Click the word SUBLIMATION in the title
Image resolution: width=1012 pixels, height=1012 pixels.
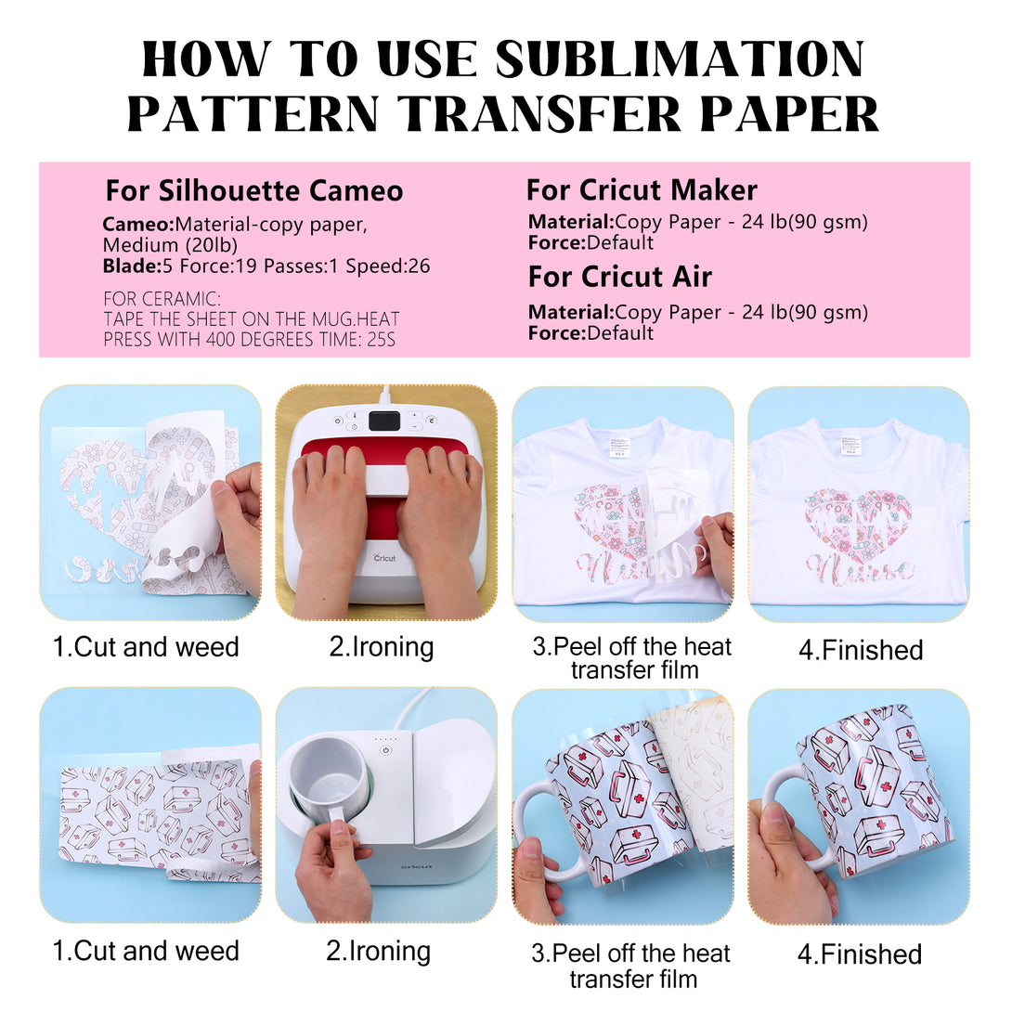pyautogui.click(x=680, y=58)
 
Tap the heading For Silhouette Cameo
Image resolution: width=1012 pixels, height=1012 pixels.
pyautogui.click(x=254, y=190)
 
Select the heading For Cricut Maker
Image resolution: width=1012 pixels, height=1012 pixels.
pyautogui.click(x=642, y=189)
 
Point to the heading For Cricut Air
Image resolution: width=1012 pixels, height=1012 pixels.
pyautogui.click(x=619, y=277)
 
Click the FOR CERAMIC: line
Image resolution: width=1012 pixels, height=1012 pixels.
pyautogui.click(x=162, y=299)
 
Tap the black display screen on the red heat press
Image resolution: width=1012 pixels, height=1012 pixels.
pyautogui.click(x=384, y=421)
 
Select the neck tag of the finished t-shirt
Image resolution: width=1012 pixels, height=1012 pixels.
pyautogui.click(x=850, y=446)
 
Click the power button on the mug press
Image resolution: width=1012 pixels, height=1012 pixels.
pyautogui.click(x=386, y=750)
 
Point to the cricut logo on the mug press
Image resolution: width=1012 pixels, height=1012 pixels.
pyautogui.click(x=417, y=866)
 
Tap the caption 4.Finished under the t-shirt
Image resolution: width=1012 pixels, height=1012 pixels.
pyautogui.click(x=861, y=650)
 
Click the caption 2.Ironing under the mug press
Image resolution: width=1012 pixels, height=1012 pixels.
pyautogui.click(x=378, y=952)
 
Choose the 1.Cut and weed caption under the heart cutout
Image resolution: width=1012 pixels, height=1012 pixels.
pyautogui.click(x=146, y=647)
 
